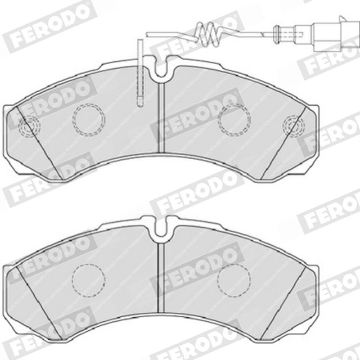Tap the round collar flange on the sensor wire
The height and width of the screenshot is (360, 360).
point(276,34)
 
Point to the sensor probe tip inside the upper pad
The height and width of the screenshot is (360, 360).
point(140,101)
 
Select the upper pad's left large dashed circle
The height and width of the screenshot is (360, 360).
point(89,119)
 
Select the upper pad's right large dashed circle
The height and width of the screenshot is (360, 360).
point(234,119)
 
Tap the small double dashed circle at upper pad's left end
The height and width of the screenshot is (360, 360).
point(29,126)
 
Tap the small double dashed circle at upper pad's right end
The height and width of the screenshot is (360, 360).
point(294,126)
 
